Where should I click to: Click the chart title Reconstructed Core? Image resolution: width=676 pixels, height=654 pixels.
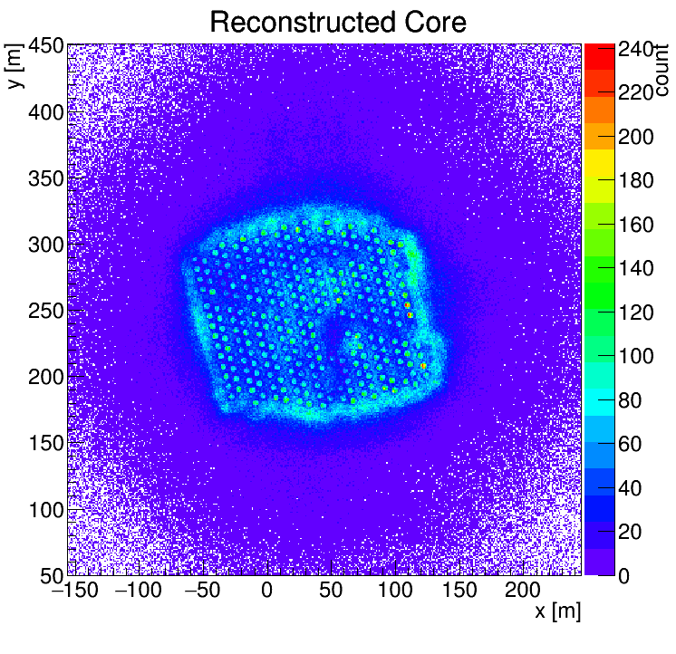coord(337,22)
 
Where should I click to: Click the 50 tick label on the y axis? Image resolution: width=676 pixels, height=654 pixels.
coord(51,575)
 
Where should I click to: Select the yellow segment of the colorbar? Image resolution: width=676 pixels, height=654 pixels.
coord(598,164)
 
